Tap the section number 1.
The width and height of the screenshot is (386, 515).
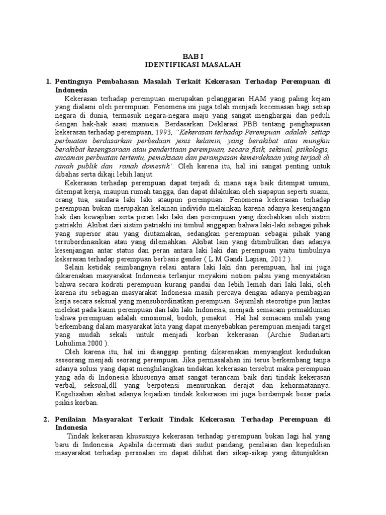coord(48,81)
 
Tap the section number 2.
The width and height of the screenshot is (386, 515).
coord(48,419)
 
